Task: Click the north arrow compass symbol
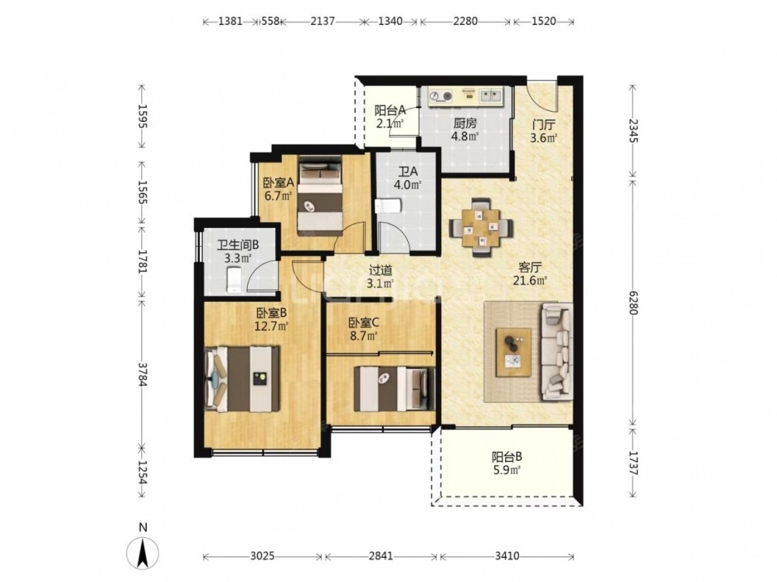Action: pyautogui.click(x=143, y=550)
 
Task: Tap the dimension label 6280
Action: pyautogui.click(x=632, y=301)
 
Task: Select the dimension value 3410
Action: pyautogui.click(x=507, y=556)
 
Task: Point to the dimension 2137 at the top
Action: pyautogui.click(x=322, y=21)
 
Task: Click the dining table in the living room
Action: pyautogui.click(x=480, y=227)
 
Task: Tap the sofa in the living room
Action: pyautogui.click(x=556, y=352)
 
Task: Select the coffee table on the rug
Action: pyautogui.click(x=514, y=352)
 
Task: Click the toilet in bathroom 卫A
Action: pyautogui.click(x=387, y=206)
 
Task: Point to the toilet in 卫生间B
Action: pyautogui.click(x=233, y=280)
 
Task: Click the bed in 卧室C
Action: pyautogui.click(x=395, y=389)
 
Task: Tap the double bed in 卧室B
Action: pyautogui.click(x=242, y=379)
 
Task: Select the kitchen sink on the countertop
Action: pyautogui.click(x=490, y=95)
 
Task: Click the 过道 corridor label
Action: pyautogui.click(x=381, y=270)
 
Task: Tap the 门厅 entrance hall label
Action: pyautogui.click(x=544, y=123)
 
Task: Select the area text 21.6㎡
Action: pyautogui.click(x=530, y=281)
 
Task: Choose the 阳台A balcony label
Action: pyautogui.click(x=390, y=110)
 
